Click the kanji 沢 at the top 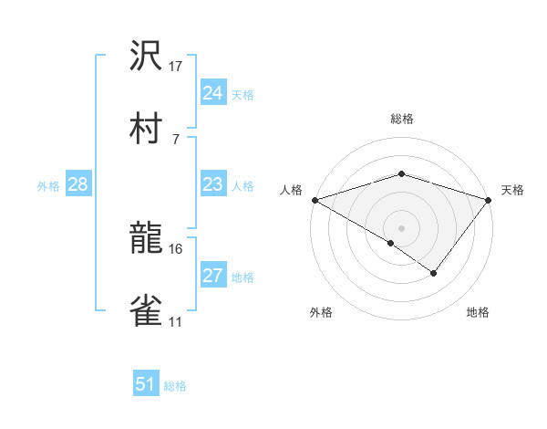(147, 58)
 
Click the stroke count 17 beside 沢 (176, 67)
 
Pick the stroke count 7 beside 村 (176, 139)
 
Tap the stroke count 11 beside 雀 (176, 322)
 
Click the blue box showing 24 (213, 93)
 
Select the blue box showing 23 (213, 185)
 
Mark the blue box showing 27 (213, 277)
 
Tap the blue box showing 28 (78, 185)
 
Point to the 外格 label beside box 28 (48, 186)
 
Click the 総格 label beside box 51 (175, 386)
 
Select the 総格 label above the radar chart (401, 119)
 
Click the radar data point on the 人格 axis (315, 200)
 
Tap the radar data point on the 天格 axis (489, 200)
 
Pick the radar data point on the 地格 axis (434, 273)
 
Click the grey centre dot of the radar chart (401, 227)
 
